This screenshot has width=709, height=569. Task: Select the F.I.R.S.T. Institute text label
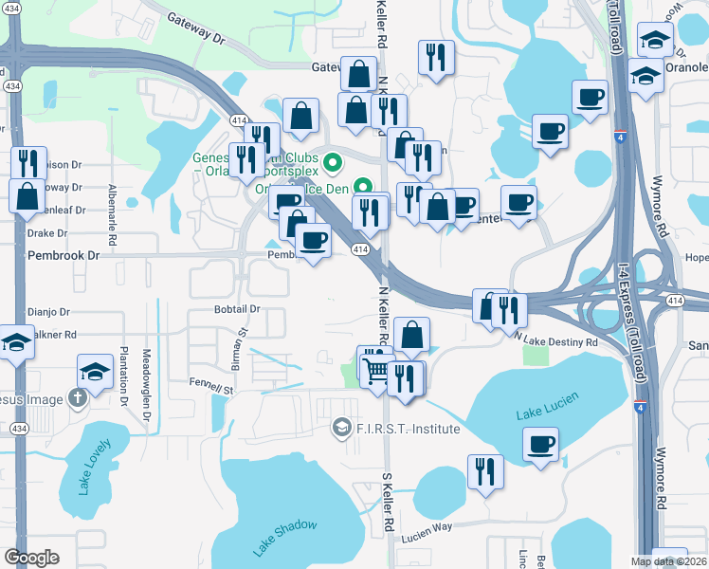click(408, 430)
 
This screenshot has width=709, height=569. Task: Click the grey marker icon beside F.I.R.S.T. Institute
click(339, 430)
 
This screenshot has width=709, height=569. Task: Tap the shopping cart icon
click(375, 367)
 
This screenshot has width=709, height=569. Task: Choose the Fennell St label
click(209, 389)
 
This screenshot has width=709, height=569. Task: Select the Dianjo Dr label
click(48, 311)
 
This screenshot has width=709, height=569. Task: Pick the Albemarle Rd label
click(111, 214)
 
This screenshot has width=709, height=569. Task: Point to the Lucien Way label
click(426, 526)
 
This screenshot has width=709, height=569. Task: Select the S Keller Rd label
click(388, 503)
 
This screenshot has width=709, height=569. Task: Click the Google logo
click(32, 557)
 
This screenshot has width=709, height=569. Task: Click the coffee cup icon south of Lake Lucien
click(540, 445)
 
